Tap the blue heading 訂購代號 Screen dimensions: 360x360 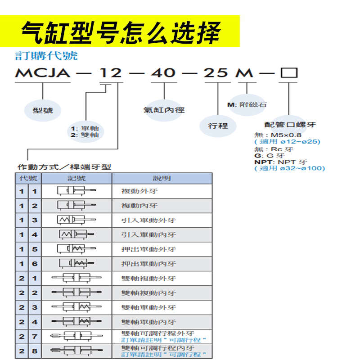pos(46,55)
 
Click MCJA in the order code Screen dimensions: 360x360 pos(42,72)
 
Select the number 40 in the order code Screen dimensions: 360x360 pos(163,72)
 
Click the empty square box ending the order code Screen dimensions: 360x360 pos(288,72)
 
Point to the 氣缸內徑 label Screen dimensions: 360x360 pos(163,110)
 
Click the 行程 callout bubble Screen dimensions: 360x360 pos(218,126)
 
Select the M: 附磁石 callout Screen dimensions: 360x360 pos(247,104)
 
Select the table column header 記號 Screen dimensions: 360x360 pos(76,178)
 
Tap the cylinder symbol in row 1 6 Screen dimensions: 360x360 pos(76,263)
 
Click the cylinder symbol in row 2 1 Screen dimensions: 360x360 pos(76,278)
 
